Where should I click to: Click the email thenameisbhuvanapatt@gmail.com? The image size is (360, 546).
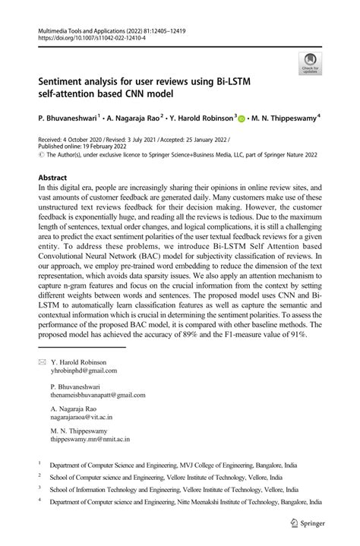(x=97, y=395)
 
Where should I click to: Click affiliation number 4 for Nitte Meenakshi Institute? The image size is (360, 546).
(x=40, y=502)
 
